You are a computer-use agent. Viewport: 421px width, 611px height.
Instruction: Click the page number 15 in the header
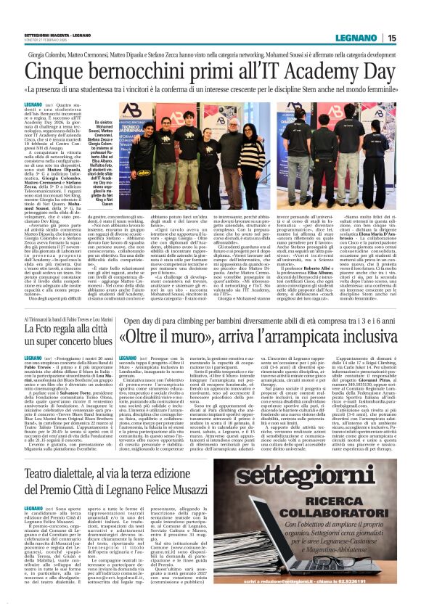click(392, 38)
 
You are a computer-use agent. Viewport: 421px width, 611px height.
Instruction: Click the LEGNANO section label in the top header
click(361, 38)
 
